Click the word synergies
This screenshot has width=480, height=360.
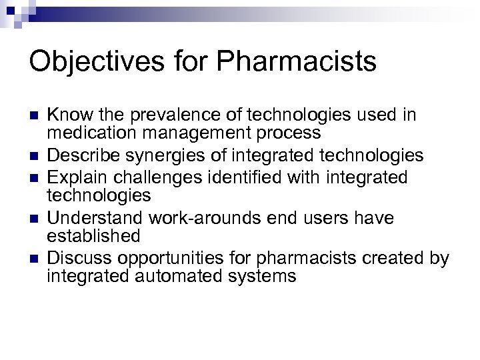pos(167,155)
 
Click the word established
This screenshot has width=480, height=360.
pos(93,235)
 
